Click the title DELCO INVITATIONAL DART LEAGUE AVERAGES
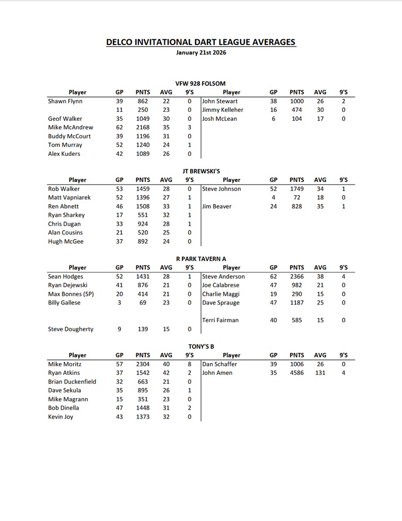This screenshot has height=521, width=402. pyautogui.click(x=200, y=42)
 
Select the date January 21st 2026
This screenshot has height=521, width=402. pyautogui.click(x=200, y=53)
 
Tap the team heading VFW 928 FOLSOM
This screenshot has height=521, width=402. pyautogui.click(x=200, y=83)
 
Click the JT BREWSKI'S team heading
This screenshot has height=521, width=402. pyautogui.click(x=201, y=171)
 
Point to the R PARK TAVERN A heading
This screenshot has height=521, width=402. pyautogui.click(x=200, y=259)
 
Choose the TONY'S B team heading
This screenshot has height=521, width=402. pyautogui.click(x=201, y=346)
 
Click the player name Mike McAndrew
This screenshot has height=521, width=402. pyautogui.click(x=71, y=127)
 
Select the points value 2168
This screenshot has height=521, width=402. pyautogui.click(x=143, y=127)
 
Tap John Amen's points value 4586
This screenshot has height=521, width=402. pyautogui.click(x=297, y=373)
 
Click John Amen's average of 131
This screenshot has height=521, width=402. pyautogui.click(x=320, y=373)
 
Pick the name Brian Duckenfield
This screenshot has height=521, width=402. pyautogui.click(x=72, y=382)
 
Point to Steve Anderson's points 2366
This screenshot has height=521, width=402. pyautogui.click(x=297, y=276)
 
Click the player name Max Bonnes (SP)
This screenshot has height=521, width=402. pyautogui.click(x=71, y=294)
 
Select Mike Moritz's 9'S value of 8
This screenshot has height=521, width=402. pyautogui.click(x=189, y=364)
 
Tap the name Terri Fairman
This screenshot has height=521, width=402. pyautogui.click(x=221, y=320)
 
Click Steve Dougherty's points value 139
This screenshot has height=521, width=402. pyautogui.click(x=143, y=329)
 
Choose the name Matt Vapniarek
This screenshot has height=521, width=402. pyautogui.click(x=69, y=197)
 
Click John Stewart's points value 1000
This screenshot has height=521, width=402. pyautogui.click(x=297, y=101)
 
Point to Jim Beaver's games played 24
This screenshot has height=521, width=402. pyautogui.click(x=274, y=206)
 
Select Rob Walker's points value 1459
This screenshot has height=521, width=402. pyautogui.click(x=143, y=189)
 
